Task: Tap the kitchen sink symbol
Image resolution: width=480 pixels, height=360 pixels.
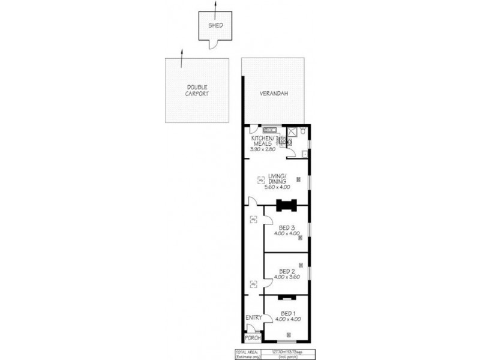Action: [x=269, y=130]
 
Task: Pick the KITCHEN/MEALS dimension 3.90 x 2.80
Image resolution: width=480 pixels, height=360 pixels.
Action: [x=262, y=148]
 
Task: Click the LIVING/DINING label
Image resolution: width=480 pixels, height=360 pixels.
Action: [x=280, y=178]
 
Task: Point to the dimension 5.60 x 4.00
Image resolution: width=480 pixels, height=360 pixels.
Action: [x=280, y=187]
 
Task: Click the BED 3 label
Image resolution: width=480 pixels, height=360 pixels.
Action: [x=287, y=228]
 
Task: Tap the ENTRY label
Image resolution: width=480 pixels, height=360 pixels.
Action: [x=253, y=317]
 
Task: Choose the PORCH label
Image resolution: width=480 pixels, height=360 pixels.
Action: [x=253, y=338]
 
